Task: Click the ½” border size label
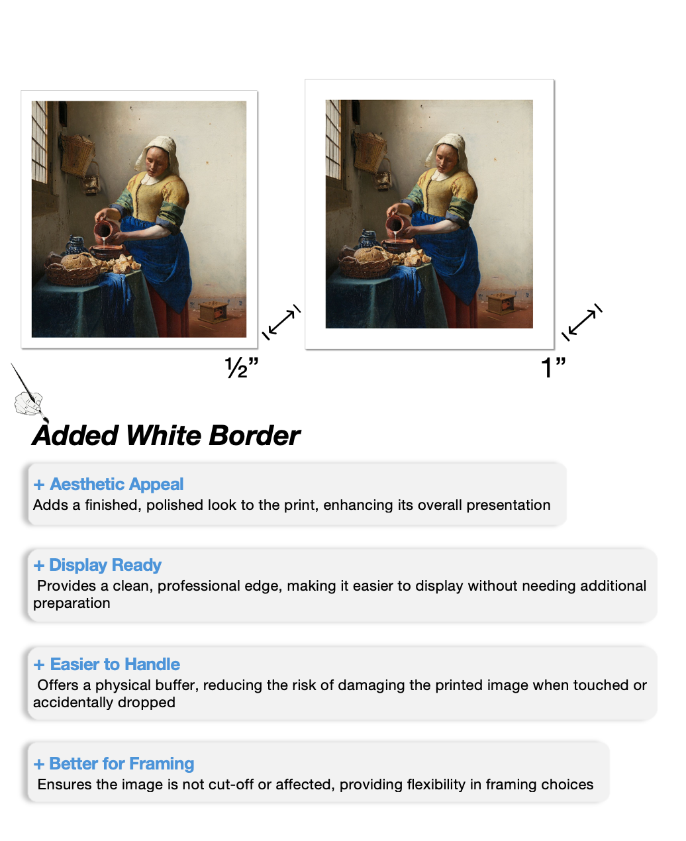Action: [x=241, y=367]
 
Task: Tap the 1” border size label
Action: [x=553, y=367]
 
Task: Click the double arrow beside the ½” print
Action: [x=281, y=322]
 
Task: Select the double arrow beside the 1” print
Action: [x=581, y=322]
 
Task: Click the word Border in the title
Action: [x=254, y=435]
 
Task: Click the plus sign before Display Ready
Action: [x=39, y=566]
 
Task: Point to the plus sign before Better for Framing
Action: [x=39, y=764]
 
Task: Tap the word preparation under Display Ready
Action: [x=72, y=603]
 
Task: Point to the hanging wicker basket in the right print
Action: [x=369, y=152]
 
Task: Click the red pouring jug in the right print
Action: [x=396, y=223]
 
